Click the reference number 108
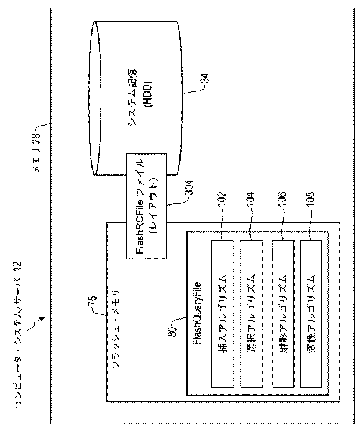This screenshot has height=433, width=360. [313, 206]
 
